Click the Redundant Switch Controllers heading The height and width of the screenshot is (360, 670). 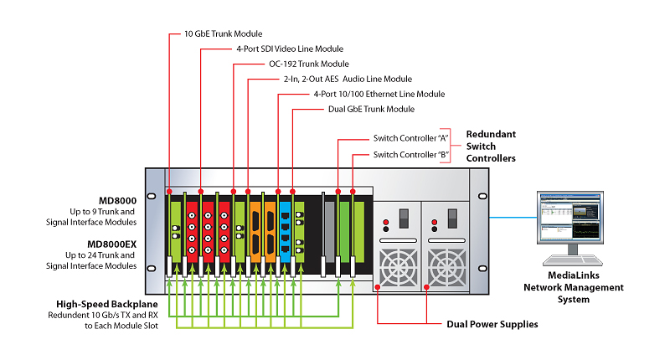[x=491, y=146]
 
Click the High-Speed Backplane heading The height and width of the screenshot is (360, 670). [x=91, y=304]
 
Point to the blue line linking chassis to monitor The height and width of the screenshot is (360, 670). [x=513, y=217]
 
